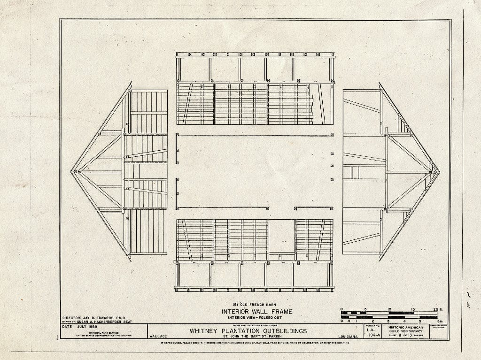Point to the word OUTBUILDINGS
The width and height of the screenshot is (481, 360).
click(281, 331)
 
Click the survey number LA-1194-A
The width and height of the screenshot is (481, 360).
click(372, 332)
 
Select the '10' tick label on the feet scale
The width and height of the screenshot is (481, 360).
click(389, 309)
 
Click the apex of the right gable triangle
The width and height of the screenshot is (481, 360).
click(439, 172)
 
